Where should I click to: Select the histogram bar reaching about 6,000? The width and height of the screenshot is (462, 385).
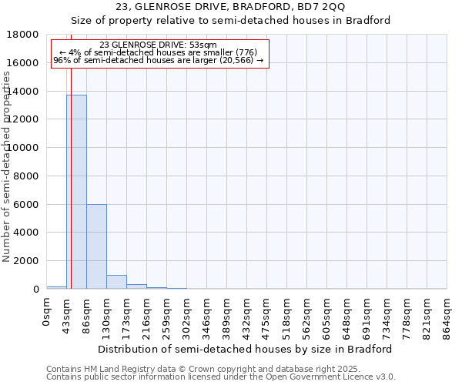click(x=96, y=246)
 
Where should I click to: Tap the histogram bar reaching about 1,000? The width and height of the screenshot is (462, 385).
click(x=116, y=282)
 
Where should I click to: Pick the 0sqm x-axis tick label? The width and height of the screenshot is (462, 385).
click(x=47, y=312)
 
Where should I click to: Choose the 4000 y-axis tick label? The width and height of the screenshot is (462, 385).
click(x=27, y=233)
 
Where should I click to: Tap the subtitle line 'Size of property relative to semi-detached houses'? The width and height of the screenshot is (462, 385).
click(x=230, y=21)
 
